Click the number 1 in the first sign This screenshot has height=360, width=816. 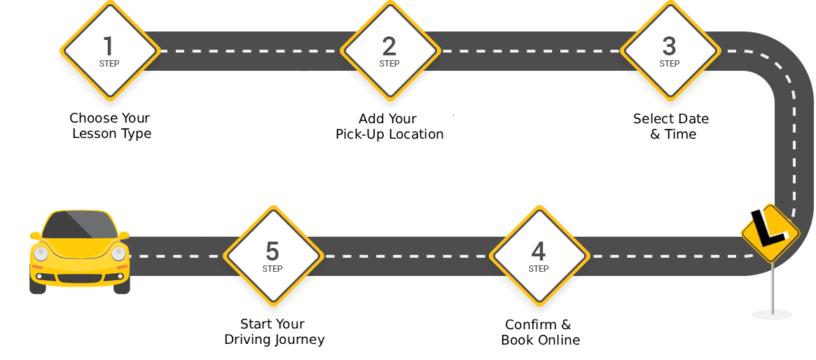[109, 46]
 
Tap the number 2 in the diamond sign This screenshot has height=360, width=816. [389, 46]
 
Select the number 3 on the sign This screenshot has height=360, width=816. [669, 46]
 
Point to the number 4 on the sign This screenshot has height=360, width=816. [538, 251]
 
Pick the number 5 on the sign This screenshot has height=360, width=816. [272, 251]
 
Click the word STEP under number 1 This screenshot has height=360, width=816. [109, 64]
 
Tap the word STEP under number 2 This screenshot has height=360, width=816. [389, 64]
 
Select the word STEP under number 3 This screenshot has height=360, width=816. [670, 64]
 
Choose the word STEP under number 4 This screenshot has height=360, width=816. [539, 269]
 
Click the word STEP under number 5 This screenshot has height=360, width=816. [272, 269]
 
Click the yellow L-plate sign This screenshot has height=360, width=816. [770, 233]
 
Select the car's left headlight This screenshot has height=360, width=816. [41, 254]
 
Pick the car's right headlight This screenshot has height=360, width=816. [118, 254]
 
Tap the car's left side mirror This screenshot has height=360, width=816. [34, 236]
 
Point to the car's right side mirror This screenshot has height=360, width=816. [125, 235]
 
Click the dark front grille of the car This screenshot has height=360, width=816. [79, 278]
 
